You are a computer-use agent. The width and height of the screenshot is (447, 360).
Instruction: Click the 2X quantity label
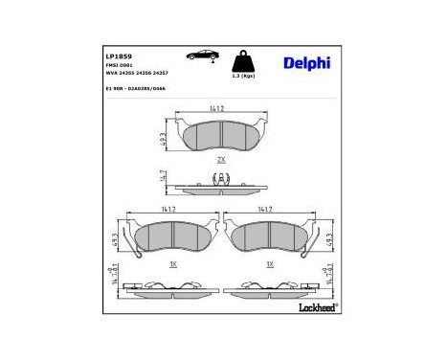point(221,159)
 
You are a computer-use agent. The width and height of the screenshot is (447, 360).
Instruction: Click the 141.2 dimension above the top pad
point(221,109)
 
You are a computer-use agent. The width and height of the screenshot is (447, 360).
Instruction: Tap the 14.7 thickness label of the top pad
point(165,177)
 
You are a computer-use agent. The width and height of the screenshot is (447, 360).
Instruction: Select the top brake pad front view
point(221,137)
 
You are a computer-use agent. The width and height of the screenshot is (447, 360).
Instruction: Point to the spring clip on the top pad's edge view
point(221,177)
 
